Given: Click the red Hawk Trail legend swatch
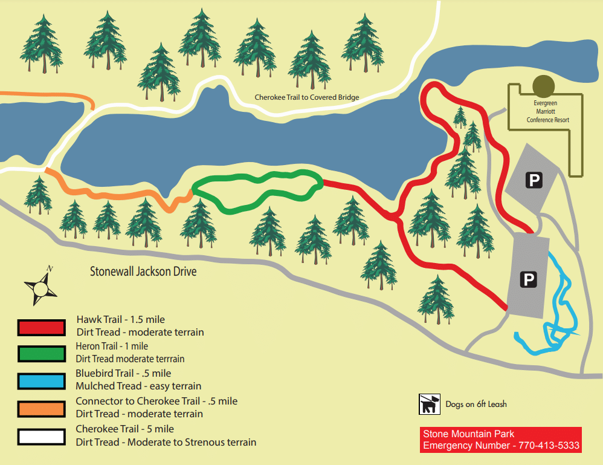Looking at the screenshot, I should (41, 327).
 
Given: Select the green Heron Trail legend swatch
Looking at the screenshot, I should (41, 354).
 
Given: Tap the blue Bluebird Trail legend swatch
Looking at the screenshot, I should (41, 381).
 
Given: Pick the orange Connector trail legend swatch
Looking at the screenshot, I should (41, 409).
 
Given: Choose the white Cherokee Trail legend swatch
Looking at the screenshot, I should (41, 436).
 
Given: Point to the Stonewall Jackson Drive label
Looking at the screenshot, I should (143, 272).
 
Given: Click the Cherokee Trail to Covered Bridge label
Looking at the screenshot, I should (307, 97).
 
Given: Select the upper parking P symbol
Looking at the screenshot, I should (534, 180).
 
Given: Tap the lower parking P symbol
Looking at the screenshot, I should (529, 279).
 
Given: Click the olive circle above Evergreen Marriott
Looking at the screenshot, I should (543, 85).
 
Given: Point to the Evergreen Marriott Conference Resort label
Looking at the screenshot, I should (547, 112).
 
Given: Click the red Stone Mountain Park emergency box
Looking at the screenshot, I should (501, 440).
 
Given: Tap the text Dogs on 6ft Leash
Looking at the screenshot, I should (476, 405).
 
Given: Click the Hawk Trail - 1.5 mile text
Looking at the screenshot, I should (120, 319).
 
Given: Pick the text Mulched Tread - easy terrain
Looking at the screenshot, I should (138, 386).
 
